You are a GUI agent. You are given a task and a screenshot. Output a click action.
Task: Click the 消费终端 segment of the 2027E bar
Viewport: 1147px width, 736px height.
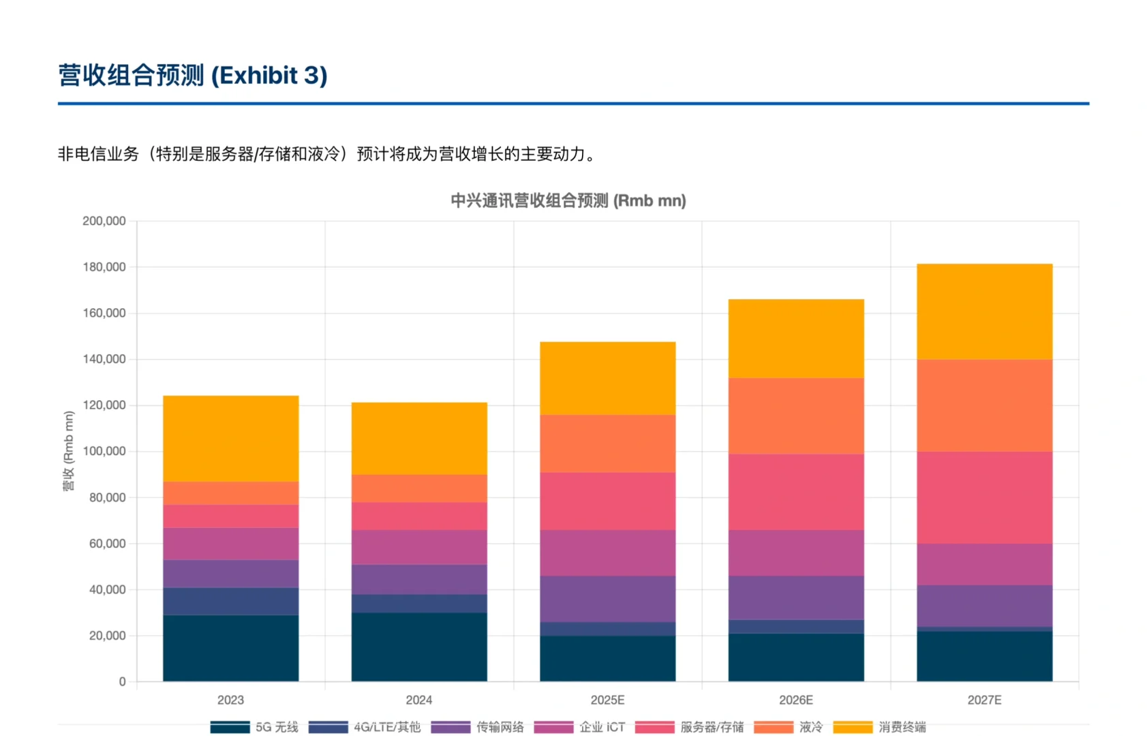(x=984, y=311)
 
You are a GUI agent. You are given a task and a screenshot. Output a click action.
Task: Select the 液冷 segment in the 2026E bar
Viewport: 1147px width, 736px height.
(x=796, y=416)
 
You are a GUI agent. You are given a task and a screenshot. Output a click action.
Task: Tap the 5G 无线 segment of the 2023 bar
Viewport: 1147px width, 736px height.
(x=230, y=648)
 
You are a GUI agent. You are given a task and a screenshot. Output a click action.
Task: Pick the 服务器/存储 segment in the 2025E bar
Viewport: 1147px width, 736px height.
(x=607, y=501)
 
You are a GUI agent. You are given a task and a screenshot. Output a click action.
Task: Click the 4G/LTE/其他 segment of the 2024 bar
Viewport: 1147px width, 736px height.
(x=419, y=603)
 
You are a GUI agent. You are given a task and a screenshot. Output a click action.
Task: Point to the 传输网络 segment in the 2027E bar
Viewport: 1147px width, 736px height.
(x=984, y=606)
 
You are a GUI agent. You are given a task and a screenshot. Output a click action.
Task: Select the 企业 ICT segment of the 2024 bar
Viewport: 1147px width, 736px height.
(x=419, y=547)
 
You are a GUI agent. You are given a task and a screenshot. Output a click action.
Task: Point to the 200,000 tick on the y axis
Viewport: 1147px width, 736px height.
(x=104, y=221)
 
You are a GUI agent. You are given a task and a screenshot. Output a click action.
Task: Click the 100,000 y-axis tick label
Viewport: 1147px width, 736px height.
(x=104, y=451)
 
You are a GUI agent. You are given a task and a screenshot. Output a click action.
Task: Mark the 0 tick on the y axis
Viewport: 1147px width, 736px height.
(x=122, y=681)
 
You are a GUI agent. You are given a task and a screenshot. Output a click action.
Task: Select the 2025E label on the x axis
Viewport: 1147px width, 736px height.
(x=607, y=700)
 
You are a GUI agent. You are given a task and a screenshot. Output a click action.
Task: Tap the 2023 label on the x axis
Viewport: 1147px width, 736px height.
(x=230, y=700)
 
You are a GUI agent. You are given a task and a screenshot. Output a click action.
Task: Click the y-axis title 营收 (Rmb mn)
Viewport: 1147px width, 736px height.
(x=68, y=451)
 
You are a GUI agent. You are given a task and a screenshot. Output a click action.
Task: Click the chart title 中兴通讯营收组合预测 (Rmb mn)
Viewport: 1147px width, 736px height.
(x=568, y=200)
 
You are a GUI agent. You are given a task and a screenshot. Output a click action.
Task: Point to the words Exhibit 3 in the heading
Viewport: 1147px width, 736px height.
(x=269, y=75)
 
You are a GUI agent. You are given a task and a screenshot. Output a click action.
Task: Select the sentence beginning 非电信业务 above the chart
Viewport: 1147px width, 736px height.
(x=327, y=154)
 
